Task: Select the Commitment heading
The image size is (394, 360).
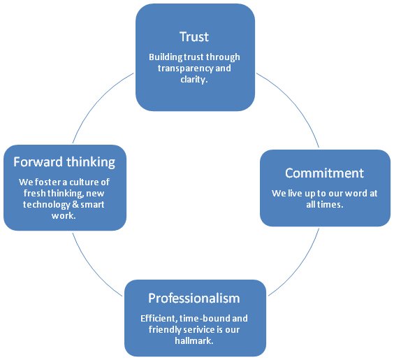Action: click(x=324, y=173)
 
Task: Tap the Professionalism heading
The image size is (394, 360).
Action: click(x=194, y=298)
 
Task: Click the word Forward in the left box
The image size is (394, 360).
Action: click(x=38, y=161)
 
